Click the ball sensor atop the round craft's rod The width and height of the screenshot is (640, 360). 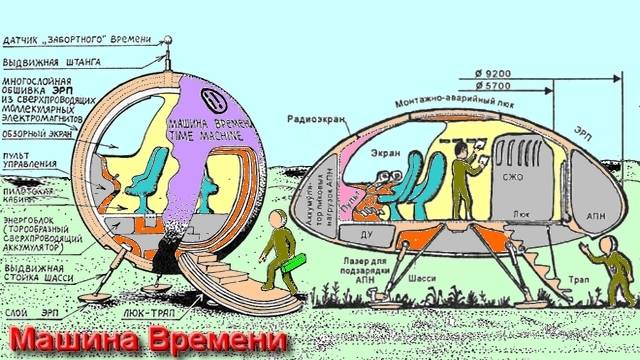pos(169,39)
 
